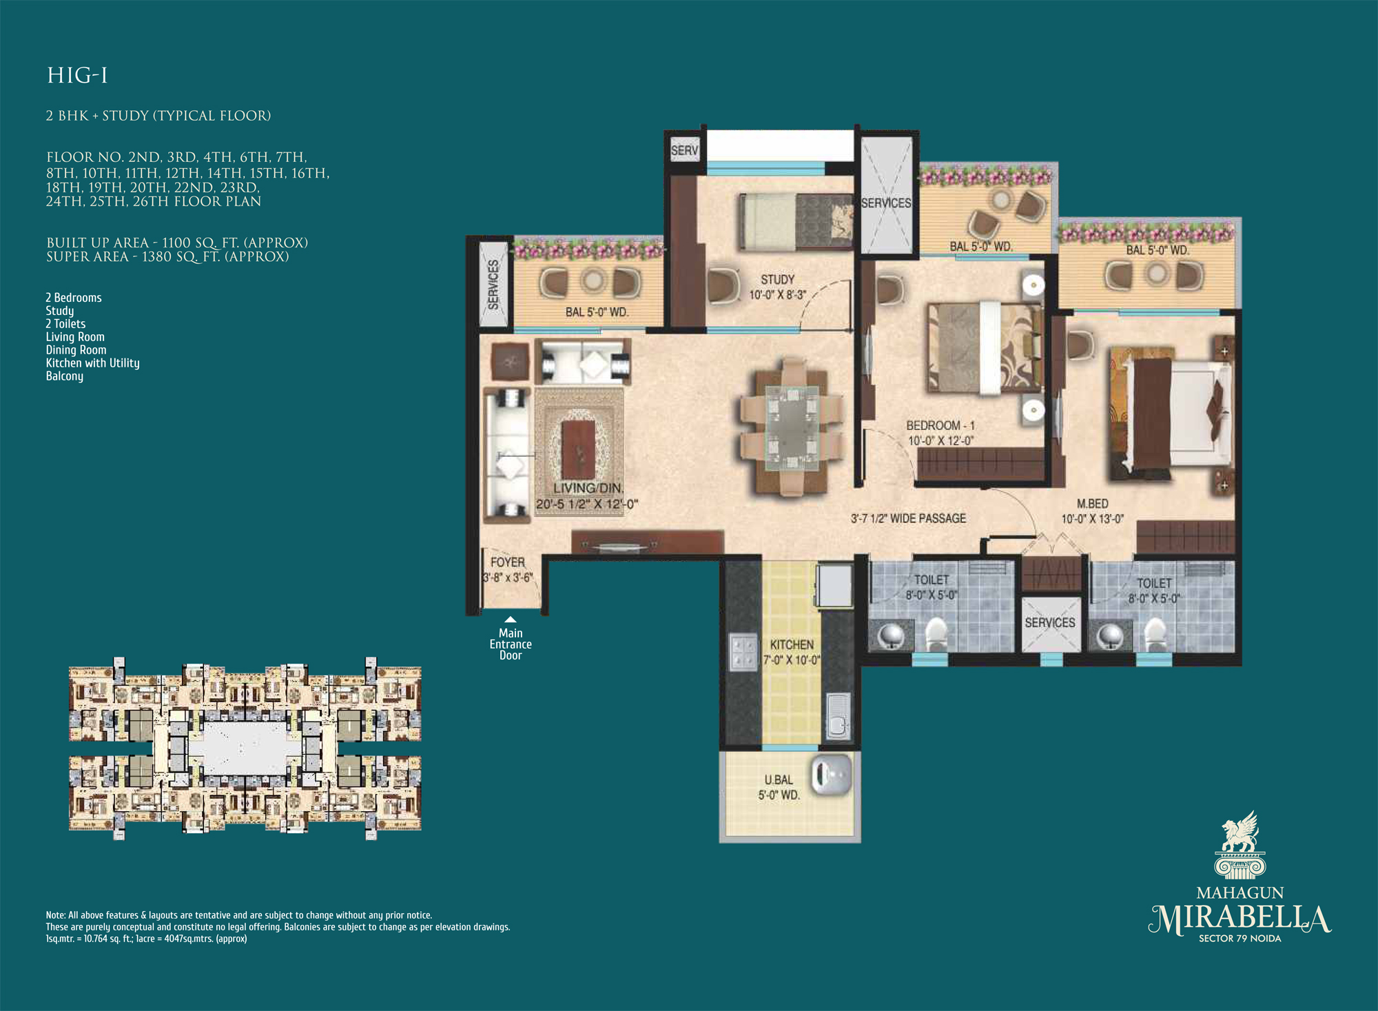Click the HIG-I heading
(x=77, y=75)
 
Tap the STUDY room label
(x=777, y=280)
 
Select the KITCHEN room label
(x=792, y=644)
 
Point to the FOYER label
(x=508, y=562)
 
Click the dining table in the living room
(x=792, y=425)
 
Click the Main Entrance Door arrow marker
(x=511, y=620)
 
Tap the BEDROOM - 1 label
(x=940, y=426)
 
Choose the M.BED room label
(x=1093, y=504)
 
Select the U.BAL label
(x=779, y=779)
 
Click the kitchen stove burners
(x=743, y=651)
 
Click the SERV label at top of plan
(x=684, y=150)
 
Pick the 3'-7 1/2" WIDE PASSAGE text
(x=908, y=518)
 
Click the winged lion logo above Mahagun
(x=1240, y=845)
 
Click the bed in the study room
(x=796, y=221)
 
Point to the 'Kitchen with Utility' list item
(x=92, y=363)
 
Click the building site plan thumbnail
(x=245, y=748)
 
